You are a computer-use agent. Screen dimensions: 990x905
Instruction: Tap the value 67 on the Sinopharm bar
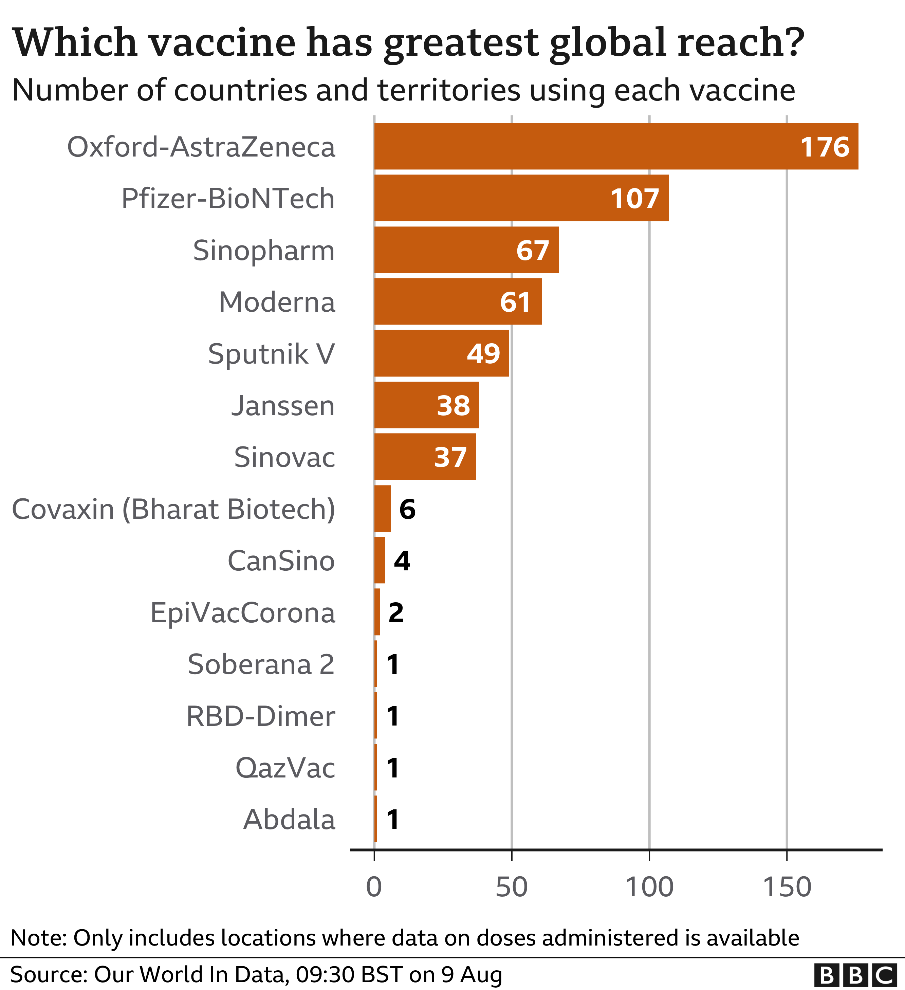pyautogui.click(x=533, y=251)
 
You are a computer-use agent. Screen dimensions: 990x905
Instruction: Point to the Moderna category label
pyautogui.click(x=277, y=302)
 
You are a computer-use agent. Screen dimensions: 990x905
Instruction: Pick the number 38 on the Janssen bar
pyautogui.click(x=453, y=406)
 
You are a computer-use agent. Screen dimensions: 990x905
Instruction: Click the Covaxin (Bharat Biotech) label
pyautogui.click(x=173, y=509)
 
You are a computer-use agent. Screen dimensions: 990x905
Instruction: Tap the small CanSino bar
pyautogui.click(x=380, y=560)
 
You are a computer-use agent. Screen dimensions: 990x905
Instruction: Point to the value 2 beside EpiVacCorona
pyautogui.click(x=396, y=612)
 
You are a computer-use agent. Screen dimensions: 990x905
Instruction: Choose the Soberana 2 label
pyautogui.click(x=261, y=664)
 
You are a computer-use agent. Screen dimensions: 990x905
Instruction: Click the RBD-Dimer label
pyautogui.click(x=260, y=716)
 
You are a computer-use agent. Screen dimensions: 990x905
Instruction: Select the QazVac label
pyautogui.click(x=285, y=768)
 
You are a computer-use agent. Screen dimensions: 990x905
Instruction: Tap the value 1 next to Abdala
pyautogui.click(x=393, y=820)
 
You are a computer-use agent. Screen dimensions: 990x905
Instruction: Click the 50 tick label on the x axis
pyautogui.click(x=512, y=887)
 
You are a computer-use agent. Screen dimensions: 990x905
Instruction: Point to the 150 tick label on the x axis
pyautogui.click(x=787, y=887)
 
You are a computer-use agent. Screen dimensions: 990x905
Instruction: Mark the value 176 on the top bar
pyautogui.click(x=825, y=147)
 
